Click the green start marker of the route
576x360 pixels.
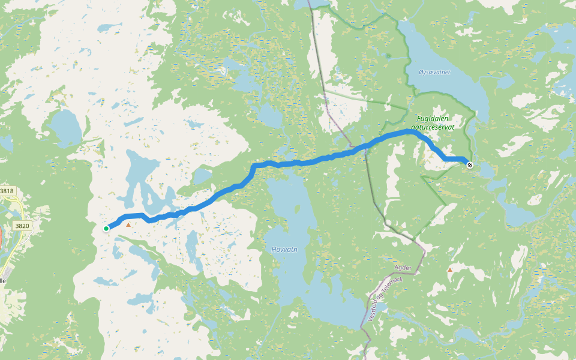coord(106,228)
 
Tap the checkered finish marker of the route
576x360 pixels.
coord(469,165)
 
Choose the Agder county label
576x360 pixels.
coord(403,268)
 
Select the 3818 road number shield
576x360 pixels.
coord(7,191)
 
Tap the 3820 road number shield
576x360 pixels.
coord(22,226)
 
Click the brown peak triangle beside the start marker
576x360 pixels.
coord(128,225)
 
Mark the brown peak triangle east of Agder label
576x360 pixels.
coord(450,270)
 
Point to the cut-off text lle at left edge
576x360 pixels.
coord(3,280)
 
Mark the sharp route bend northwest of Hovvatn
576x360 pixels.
coord(254,166)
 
